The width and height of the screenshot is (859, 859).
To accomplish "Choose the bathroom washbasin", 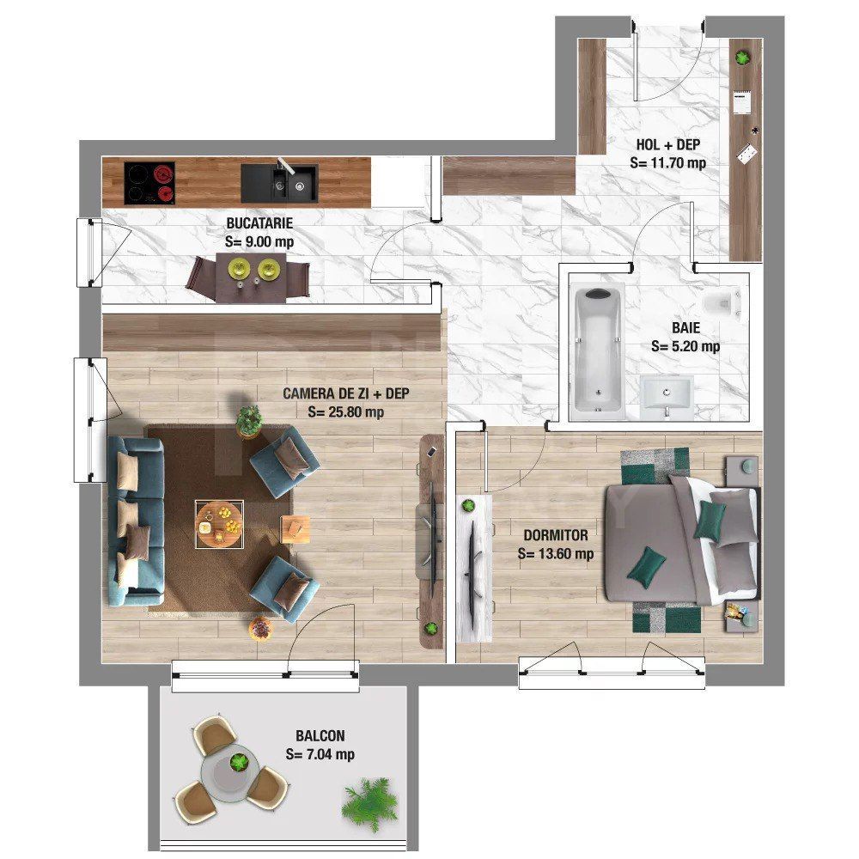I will [x=667, y=397].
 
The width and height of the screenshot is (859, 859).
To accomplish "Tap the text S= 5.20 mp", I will [x=685, y=347].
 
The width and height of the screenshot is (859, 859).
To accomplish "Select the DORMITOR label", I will [x=556, y=535].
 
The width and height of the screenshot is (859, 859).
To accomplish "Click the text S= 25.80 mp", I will [x=345, y=411].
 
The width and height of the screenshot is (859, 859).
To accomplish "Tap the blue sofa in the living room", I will [x=135, y=521].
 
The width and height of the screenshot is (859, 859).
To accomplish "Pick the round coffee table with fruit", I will [x=218, y=522].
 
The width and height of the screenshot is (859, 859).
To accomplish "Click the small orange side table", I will [x=295, y=527].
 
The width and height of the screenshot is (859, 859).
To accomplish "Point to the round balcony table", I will [x=230, y=769].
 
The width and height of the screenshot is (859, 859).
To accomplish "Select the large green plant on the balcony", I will [x=371, y=803].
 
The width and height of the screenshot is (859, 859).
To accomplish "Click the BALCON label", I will [x=320, y=736].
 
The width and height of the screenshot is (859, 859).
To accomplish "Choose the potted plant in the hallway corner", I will [x=743, y=57].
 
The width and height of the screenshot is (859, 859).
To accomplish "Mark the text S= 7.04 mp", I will [x=320, y=755].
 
